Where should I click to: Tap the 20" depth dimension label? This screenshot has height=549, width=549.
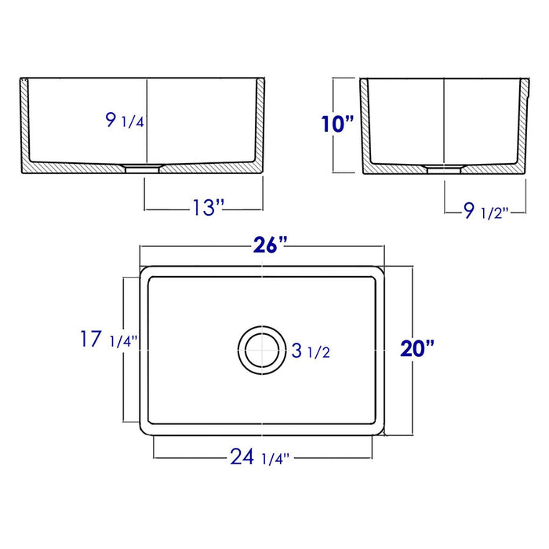416,347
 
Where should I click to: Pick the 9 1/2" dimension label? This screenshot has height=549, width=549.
483,209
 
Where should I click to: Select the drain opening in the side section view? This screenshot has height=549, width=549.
444,167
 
